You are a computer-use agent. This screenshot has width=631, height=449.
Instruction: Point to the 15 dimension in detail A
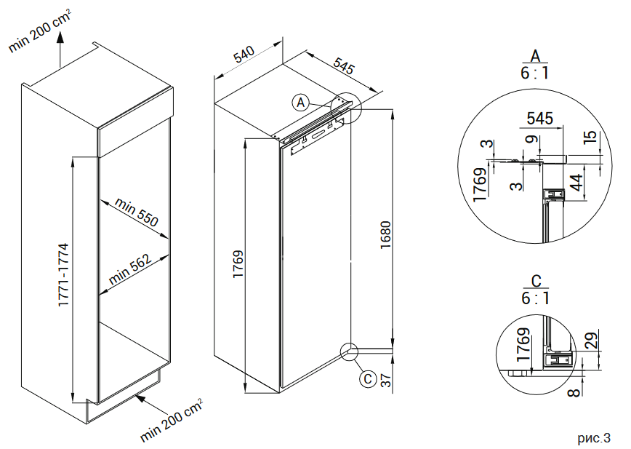[x=590, y=136]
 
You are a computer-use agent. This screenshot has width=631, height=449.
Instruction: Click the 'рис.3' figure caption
[x=594, y=438]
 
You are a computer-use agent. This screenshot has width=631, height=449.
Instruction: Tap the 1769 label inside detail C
[x=521, y=346]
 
